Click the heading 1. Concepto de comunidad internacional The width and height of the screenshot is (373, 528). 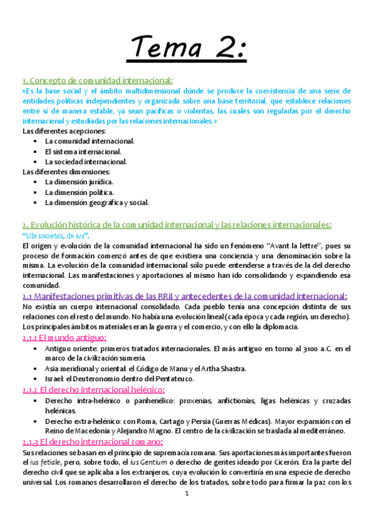(x=98, y=80)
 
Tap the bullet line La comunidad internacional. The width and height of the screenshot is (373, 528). (x=90, y=141)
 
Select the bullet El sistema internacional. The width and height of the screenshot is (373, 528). (x=83, y=151)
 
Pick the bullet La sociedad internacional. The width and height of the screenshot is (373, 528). (x=86, y=161)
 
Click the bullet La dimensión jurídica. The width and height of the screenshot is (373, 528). (x=79, y=182)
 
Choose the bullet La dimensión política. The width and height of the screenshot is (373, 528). (x=78, y=192)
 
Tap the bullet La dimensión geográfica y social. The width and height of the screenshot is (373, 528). (x=97, y=202)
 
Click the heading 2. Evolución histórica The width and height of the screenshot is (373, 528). (x=177, y=224)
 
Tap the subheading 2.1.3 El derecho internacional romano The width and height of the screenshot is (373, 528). (x=92, y=441)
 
